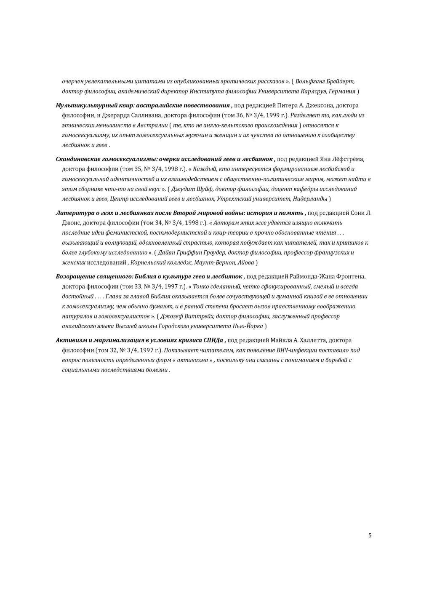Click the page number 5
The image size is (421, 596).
370,535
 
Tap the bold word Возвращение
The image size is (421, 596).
74,276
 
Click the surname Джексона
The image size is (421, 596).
317,105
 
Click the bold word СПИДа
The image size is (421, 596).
213,340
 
